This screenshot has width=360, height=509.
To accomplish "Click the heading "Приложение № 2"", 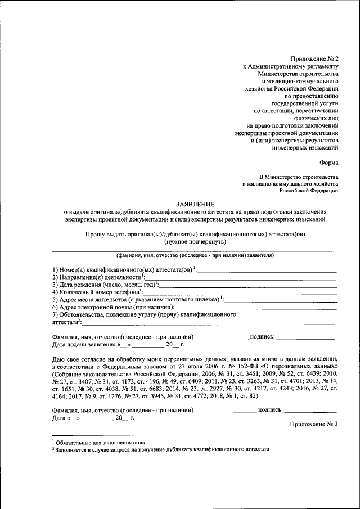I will [x=314, y=58].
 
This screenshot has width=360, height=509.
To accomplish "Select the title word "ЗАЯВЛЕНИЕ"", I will [x=195, y=204].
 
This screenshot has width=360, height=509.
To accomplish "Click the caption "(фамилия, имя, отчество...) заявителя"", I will [x=195, y=255].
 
